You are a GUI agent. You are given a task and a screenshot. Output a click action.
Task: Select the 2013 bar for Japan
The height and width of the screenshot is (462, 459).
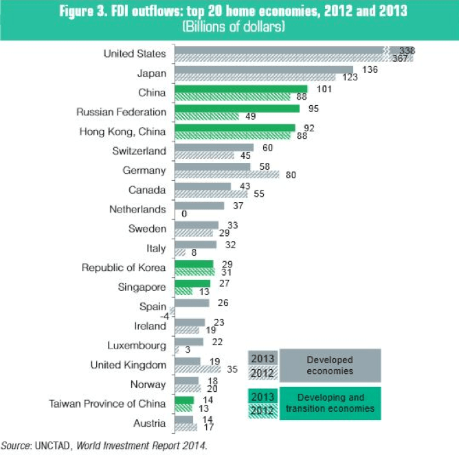264,69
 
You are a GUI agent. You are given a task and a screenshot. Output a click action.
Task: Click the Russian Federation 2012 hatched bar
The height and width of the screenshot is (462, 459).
207,117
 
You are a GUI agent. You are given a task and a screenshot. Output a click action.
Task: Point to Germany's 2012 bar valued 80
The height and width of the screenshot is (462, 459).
227,175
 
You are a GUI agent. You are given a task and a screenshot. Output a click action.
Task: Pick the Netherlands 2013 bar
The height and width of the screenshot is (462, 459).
200,205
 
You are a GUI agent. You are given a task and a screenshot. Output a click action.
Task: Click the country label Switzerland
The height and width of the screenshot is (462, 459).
139,151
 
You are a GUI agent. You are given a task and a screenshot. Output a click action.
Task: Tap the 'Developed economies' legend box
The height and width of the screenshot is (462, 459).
330,365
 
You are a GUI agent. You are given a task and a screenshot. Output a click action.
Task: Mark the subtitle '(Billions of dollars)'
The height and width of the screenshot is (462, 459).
233,27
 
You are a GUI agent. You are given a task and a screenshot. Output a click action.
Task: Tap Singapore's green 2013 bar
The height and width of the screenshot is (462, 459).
193,283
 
